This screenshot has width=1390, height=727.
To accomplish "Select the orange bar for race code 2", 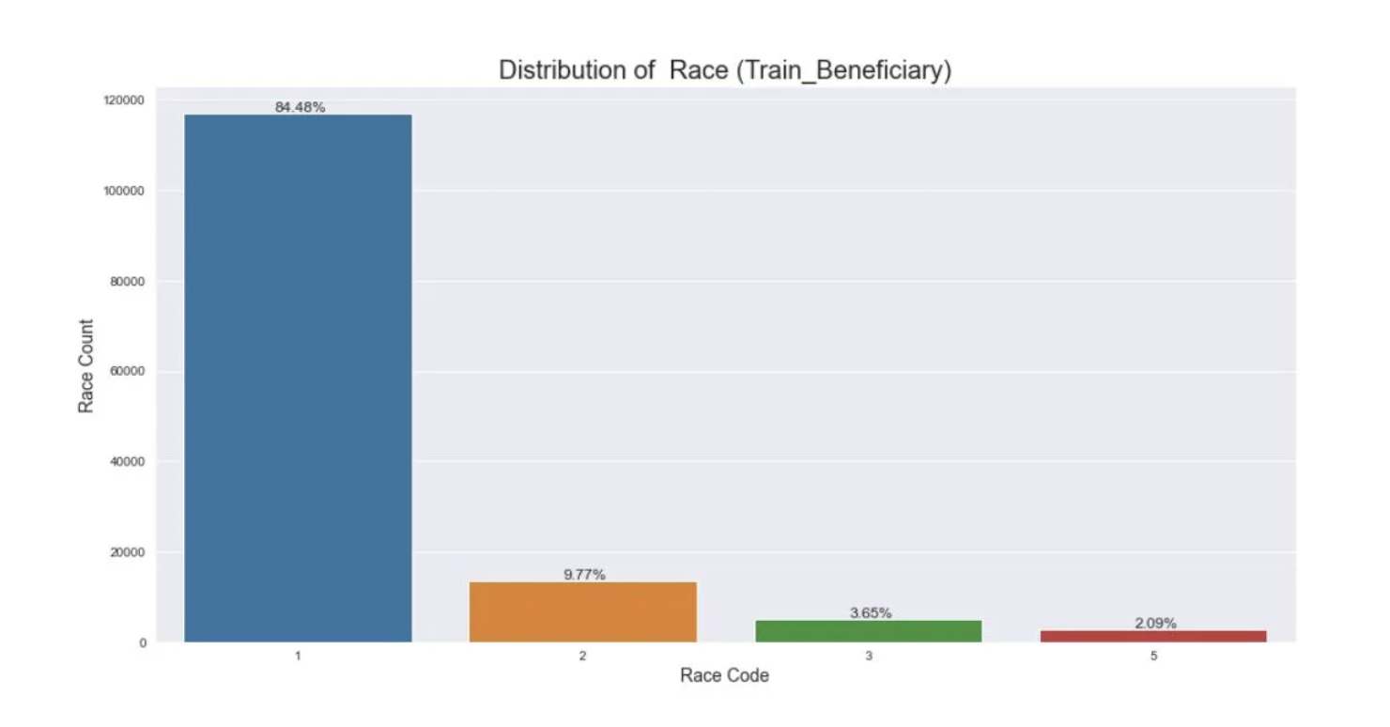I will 582,611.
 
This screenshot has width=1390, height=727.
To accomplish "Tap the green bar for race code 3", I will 868,630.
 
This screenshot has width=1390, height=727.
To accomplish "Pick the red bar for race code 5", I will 1153,636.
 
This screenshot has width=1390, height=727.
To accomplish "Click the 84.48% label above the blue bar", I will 300,107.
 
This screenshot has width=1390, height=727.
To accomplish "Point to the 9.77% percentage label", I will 584,575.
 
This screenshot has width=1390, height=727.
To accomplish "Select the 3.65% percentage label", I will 871,613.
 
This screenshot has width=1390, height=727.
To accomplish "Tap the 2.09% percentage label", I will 1155,624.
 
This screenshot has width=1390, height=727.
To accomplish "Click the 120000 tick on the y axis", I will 124,101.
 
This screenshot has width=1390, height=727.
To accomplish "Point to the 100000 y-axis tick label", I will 124,191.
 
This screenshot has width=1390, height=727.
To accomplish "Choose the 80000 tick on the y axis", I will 128,281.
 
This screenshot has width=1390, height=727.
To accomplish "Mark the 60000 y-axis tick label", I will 128,371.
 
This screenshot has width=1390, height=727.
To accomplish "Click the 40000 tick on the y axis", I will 128,461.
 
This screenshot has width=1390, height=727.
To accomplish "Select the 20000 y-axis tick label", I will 128,551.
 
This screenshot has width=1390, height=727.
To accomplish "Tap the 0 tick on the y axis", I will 143,642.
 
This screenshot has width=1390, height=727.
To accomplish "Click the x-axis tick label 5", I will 1153,656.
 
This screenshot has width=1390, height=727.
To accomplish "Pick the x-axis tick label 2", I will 582,656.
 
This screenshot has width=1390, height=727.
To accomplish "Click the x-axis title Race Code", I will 724,675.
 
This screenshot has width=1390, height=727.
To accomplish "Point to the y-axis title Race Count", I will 86,366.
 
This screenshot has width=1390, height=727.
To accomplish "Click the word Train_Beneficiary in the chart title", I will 840,70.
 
